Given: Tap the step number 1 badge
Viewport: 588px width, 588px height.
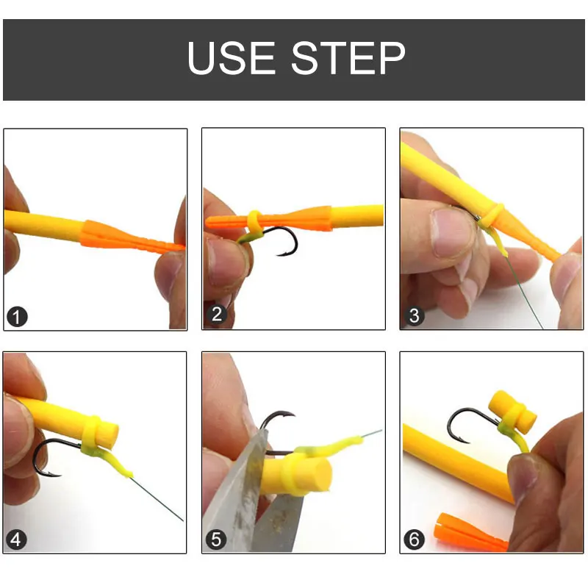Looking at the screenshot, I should click(17, 317).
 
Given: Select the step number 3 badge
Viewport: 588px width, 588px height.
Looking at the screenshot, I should click(414, 317).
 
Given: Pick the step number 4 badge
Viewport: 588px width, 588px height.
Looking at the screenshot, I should click(17, 540).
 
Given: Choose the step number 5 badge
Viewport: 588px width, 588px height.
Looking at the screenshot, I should click(215, 540).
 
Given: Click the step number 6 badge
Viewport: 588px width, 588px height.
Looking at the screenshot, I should click(414, 540).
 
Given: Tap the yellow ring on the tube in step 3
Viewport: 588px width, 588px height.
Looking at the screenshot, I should click(495, 215).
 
